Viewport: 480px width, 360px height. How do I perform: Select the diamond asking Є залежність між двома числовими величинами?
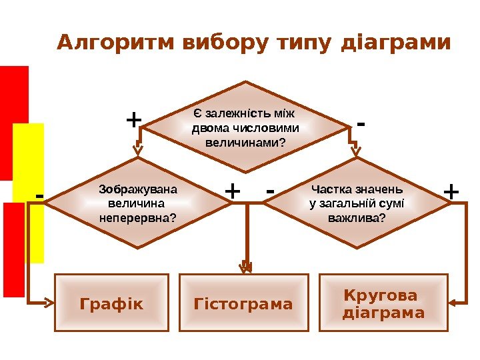click(246, 127)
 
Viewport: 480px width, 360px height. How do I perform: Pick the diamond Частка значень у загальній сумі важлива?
click(357, 203)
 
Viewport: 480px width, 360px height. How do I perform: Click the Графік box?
click(111, 303)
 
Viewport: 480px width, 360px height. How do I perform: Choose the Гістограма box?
click(243, 303)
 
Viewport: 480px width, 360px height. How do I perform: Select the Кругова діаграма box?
click(383, 303)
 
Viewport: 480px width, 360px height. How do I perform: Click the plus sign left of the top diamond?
click(134, 120)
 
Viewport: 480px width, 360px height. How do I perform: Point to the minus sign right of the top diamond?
click(361, 123)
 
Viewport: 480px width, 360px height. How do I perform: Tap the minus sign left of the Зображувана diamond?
click(39, 195)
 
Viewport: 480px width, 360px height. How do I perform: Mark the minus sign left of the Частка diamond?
click(270, 191)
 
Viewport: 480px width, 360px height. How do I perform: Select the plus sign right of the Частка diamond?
click(451, 192)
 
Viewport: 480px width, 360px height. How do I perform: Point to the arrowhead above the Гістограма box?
click(246, 267)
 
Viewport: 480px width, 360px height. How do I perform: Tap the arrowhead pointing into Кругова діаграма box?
click(451, 302)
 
